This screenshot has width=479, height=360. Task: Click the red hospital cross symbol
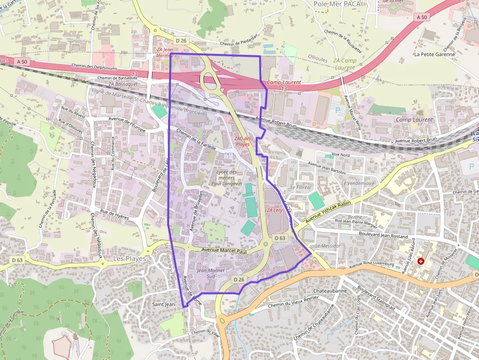click(x=421, y=262)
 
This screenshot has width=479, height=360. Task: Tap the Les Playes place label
click(x=129, y=258)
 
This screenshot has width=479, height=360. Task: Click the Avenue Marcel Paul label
click(x=224, y=251)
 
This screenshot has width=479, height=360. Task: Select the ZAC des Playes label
click(x=242, y=142)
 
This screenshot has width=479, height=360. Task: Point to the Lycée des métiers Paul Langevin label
click(x=226, y=177)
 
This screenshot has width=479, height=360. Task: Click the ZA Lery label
click(x=275, y=210)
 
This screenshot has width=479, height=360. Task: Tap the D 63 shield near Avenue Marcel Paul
click(x=280, y=238)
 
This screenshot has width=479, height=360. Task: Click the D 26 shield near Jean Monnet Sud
click(x=238, y=279)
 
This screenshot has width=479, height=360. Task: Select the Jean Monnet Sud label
click(x=210, y=273)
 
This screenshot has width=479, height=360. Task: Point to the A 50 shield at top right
click(x=422, y=17)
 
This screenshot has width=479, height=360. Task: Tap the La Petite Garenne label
click(x=434, y=54)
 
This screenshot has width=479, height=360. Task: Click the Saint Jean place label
click(x=163, y=304)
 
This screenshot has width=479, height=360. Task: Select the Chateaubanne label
click(x=330, y=291)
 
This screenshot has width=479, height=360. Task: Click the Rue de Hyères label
click(x=114, y=214)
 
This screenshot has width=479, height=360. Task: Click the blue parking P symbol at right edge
click(x=472, y=167)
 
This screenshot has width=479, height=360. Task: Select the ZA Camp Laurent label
click(x=345, y=64)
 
